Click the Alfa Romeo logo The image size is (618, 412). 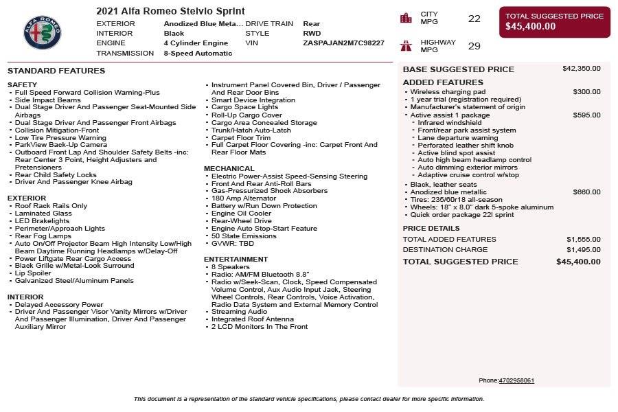[43, 30]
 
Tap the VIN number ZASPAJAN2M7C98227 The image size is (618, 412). [343, 43]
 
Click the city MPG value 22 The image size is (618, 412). [474, 19]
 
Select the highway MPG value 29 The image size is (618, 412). [474, 46]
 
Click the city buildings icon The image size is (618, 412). [406, 18]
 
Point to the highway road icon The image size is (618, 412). [406, 46]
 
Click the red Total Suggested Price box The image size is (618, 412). [554, 22]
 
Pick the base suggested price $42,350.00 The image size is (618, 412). [581, 69]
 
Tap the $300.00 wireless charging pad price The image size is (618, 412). [586, 91]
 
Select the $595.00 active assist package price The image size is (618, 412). [586, 115]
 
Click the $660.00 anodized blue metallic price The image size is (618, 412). [586, 192]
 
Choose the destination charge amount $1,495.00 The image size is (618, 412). [583, 250]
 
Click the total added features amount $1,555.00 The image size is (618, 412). [583, 239]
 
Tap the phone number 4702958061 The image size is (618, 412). [516, 380]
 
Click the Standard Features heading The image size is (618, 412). [56, 71]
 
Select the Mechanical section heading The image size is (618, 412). [229, 168]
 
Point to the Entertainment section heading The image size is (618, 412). [236, 259]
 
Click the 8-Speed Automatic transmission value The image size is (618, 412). [198, 53]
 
